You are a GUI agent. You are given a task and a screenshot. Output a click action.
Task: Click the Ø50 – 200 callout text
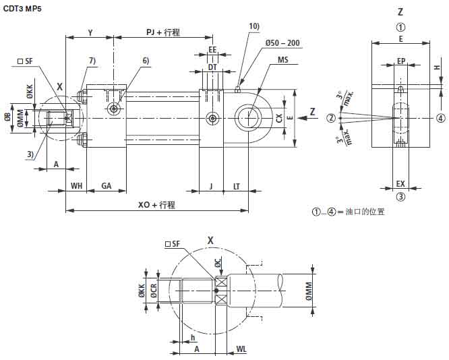point(282,43)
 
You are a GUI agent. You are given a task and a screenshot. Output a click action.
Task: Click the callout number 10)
point(253,26)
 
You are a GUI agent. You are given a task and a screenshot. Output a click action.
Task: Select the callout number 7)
point(92,61)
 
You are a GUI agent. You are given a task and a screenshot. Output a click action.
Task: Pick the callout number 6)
point(145,61)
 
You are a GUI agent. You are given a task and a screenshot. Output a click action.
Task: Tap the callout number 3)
point(30,154)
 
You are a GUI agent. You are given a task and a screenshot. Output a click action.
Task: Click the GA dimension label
point(107,185)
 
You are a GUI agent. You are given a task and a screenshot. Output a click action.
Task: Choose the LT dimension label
point(236,185)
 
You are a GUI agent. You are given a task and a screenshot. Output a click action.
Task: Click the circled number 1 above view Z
point(400,28)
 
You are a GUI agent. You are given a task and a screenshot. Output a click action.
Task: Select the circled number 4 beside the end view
point(440,118)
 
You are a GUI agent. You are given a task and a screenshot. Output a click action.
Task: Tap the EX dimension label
point(400,183)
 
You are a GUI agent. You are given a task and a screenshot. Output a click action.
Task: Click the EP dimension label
point(400,61)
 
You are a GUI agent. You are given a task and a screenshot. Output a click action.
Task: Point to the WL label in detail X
point(242,349)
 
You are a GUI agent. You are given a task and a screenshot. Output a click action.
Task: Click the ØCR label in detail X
point(154,291)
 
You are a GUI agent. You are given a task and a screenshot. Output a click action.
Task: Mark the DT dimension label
point(212,67)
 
